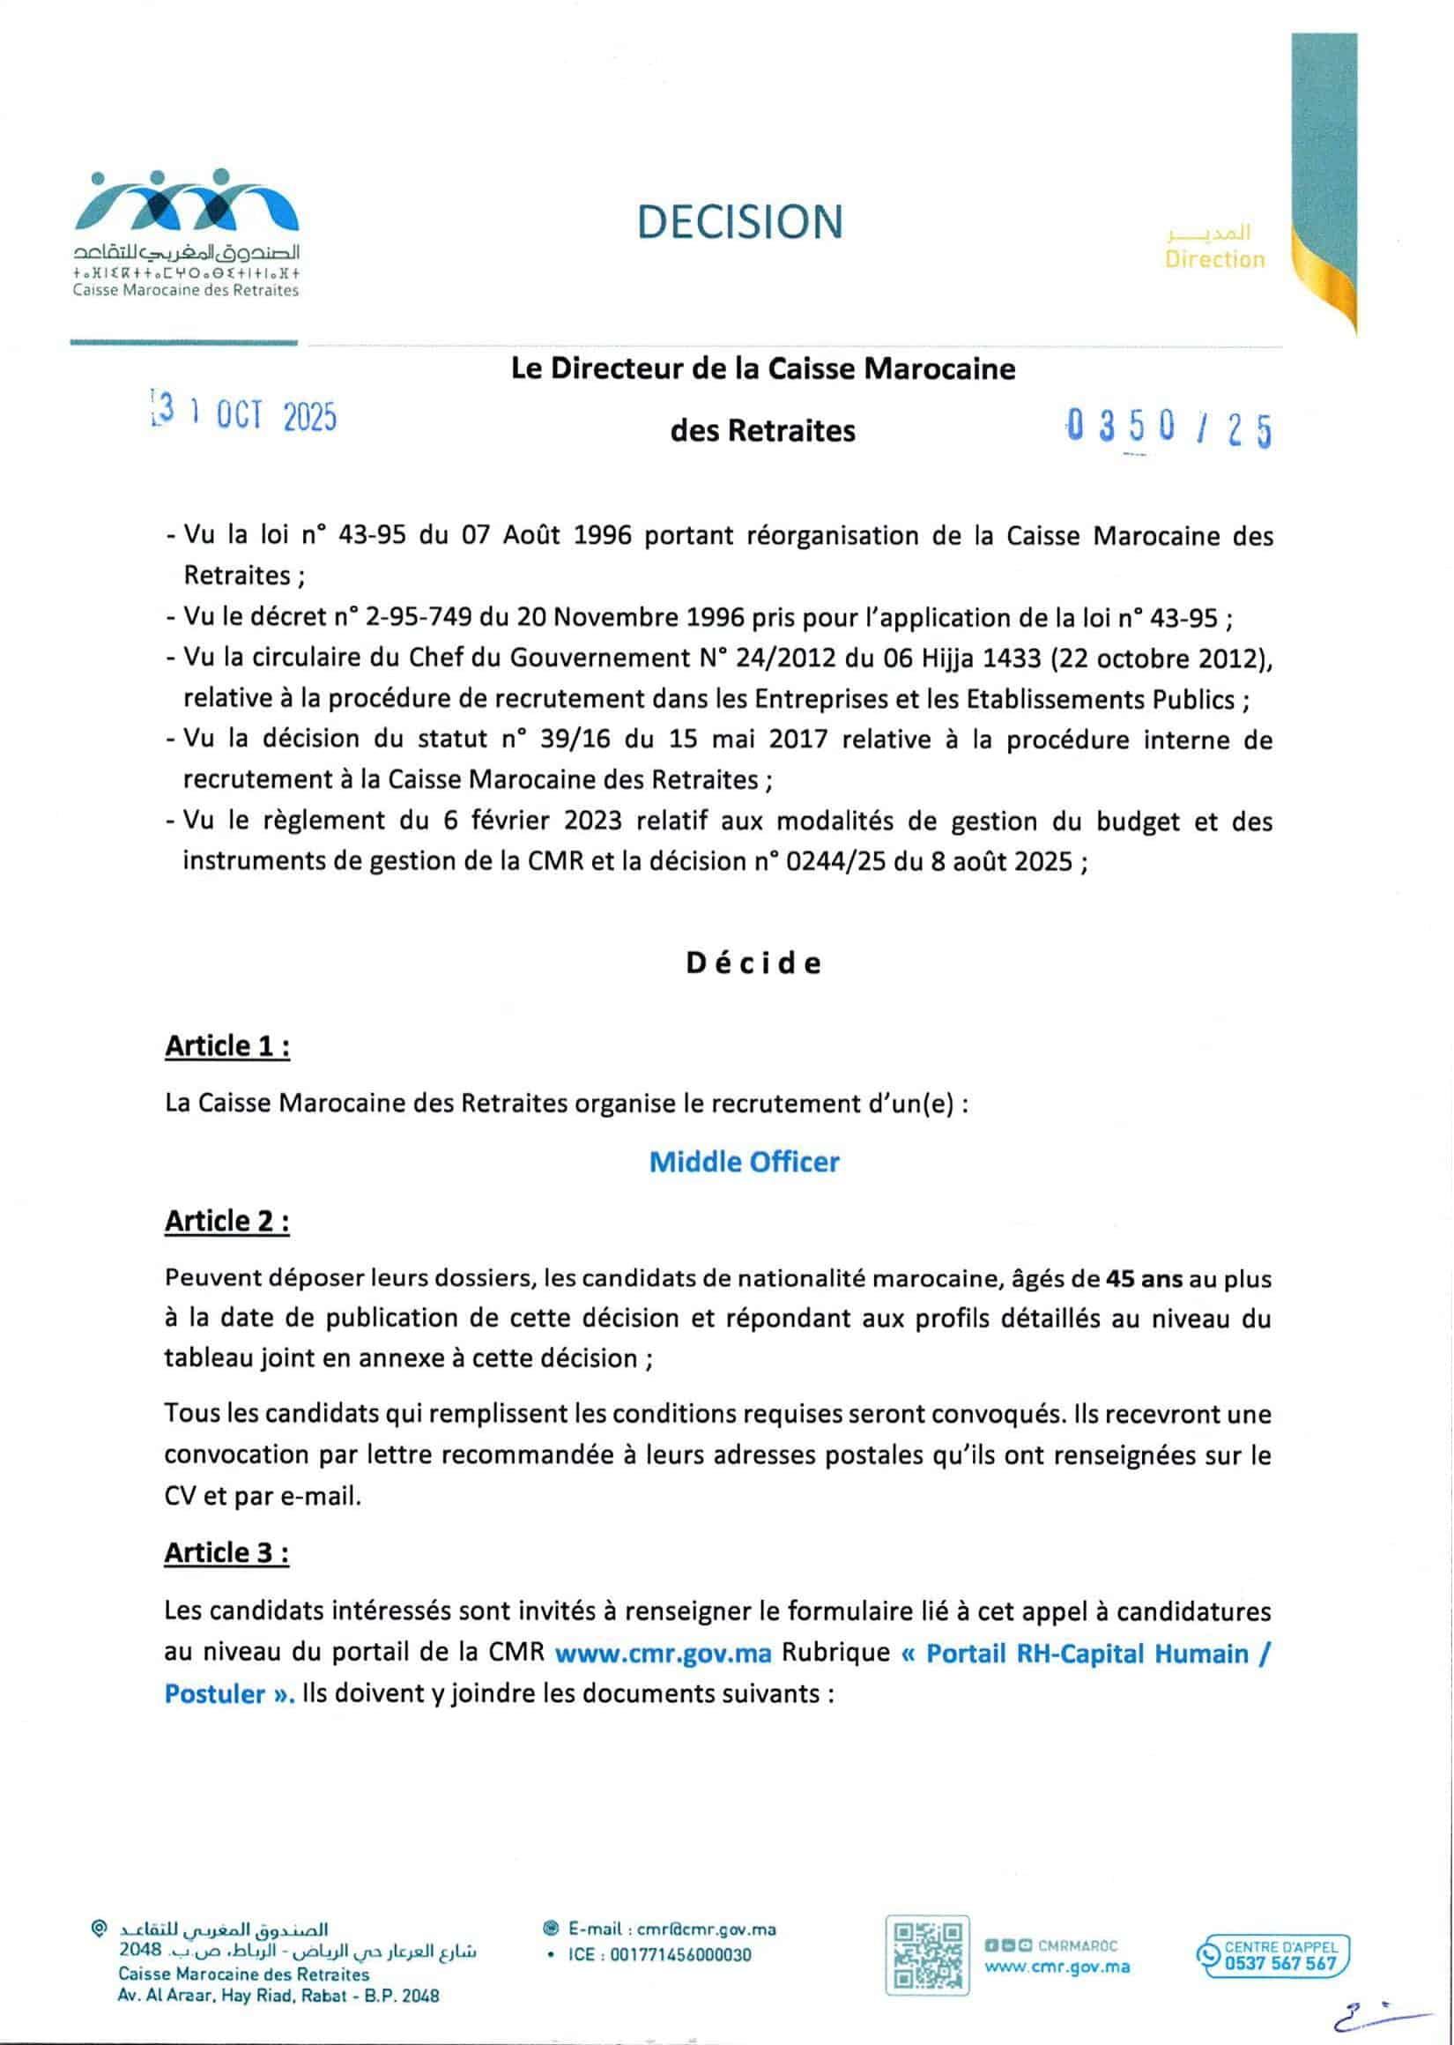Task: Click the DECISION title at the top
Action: (x=739, y=222)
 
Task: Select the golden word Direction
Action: (x=1214, y=259)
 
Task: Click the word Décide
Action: (x=753, y=963)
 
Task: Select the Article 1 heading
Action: (x=227, y=1045)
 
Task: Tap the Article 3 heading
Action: (x=227, y=1552)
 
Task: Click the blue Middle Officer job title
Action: (x=744, y=1161)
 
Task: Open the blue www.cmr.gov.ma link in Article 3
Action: (x=663, y=1653)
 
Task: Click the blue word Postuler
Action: (x=216, y=1694)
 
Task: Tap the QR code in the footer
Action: (x=927, y=1954)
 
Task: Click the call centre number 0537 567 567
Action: (x=1280, y=1963)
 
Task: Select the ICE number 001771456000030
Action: (x=680, y=1954)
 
